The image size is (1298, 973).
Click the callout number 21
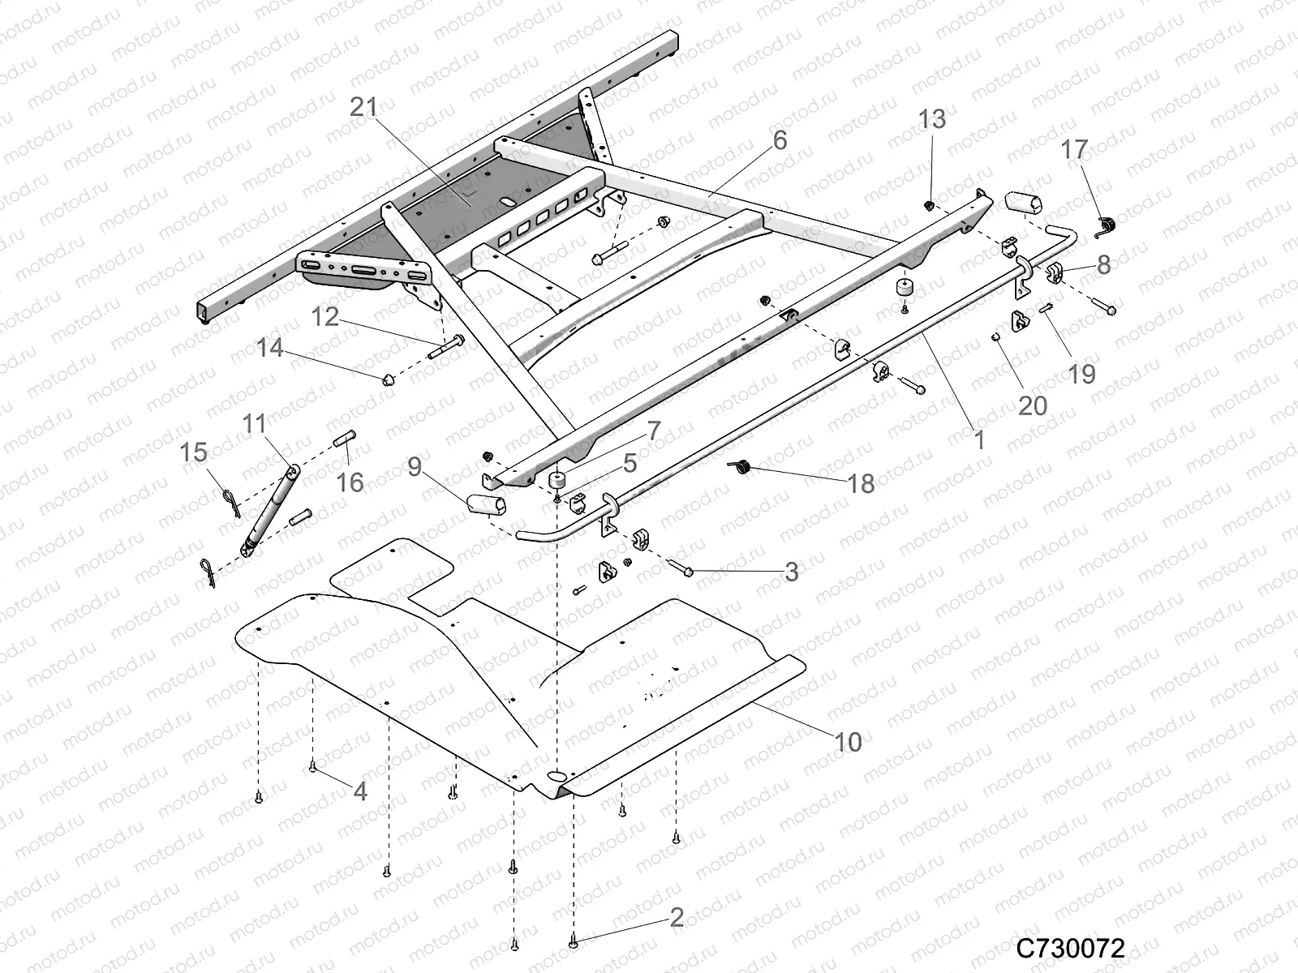[x=365, y=107]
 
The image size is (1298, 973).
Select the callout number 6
[x=780, y=140]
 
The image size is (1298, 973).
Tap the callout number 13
[x=932, y=119]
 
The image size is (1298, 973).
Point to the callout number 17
[x=1074, y=149]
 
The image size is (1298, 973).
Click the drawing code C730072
[x=1071, y=947]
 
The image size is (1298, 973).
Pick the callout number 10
[x=847, y=741]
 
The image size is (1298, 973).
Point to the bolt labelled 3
[x=681, y=570]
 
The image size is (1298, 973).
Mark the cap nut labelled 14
[x=388, y=379]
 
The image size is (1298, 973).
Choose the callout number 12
[x=325, y=316]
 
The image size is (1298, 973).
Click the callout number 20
[x=1032, y=405]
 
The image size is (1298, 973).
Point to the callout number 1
[x=979, y=440]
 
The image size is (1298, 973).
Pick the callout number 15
[x=194, y=452]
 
